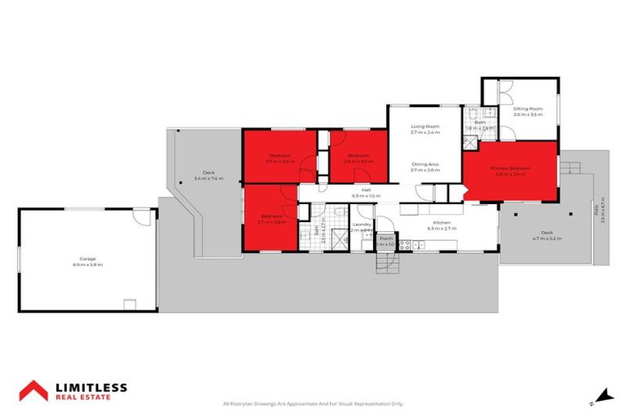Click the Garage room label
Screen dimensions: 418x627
point(85,259)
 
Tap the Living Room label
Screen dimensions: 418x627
point(425,127)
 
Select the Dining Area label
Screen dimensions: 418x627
point(425,165)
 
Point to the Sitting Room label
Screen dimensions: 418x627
point(527,109)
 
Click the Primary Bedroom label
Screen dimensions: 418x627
point(510,168)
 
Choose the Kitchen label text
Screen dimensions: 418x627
point(442,222)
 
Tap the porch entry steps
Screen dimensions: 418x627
point(385,262)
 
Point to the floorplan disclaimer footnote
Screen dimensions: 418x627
point(313,403)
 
